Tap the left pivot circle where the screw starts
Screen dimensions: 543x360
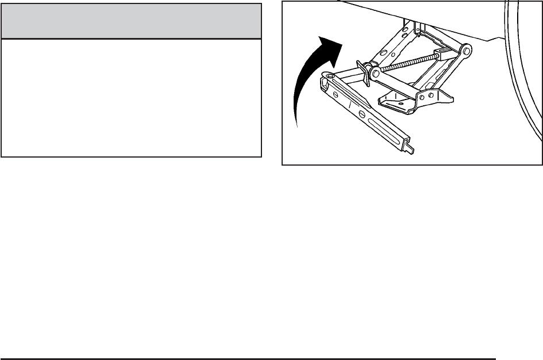point(374,72)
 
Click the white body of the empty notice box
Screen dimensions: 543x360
point(132,98)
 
